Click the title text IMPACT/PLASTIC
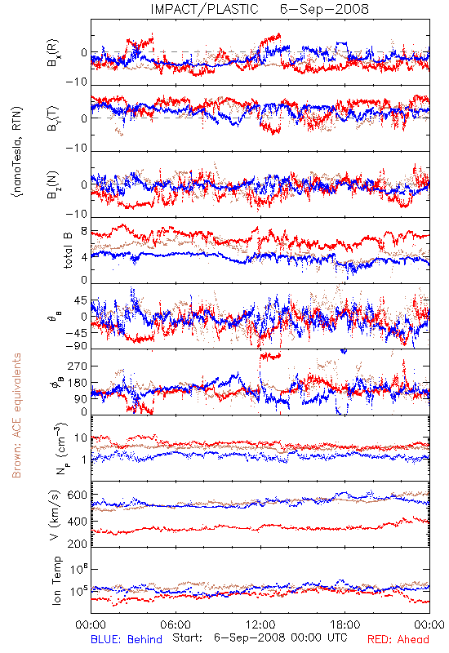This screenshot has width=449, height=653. tap(204, 9)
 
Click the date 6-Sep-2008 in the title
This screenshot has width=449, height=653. tap(324, 9)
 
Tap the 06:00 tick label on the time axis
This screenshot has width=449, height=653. tap(176, 624)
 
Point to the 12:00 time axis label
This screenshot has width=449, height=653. tap(260, 624)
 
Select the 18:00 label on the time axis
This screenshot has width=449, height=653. tap(345, 624)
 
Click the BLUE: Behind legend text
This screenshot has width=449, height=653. tap(127, 639)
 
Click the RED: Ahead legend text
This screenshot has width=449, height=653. tap(398, 639)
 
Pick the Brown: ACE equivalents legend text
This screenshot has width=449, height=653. tap(16, 415)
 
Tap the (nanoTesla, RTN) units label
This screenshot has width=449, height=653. tap(17, 152)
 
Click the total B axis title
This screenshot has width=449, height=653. tap(68, 251)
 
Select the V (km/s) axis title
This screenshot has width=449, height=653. tap(55, 515)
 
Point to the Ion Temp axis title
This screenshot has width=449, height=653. tap(56, 580)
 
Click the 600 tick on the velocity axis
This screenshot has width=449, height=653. tap(77, 495)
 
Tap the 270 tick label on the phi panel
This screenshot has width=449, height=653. tap(78, 366)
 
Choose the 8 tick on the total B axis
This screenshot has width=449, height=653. tap(84, 232)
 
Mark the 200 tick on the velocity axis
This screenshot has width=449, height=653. tap(77, 544)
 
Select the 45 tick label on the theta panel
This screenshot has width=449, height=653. tap(81, 300)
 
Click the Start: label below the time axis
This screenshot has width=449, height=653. tap(188, 638)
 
